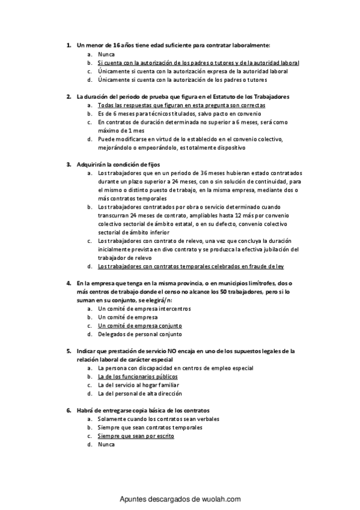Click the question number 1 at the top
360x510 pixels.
(69, 45)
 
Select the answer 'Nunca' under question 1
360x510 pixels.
(106, 54)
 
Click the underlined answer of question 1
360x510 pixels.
(198, 63)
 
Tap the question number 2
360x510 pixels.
(69, 96)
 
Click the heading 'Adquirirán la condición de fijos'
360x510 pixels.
(118, 164)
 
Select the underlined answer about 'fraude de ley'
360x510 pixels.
(191, 266)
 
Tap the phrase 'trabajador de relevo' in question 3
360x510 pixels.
(123, 257)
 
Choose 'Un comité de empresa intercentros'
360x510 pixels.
(144, 309)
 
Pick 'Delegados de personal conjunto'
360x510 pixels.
(140, 334)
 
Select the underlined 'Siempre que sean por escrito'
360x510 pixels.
(136, 436)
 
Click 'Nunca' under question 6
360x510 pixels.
(106, 444)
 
